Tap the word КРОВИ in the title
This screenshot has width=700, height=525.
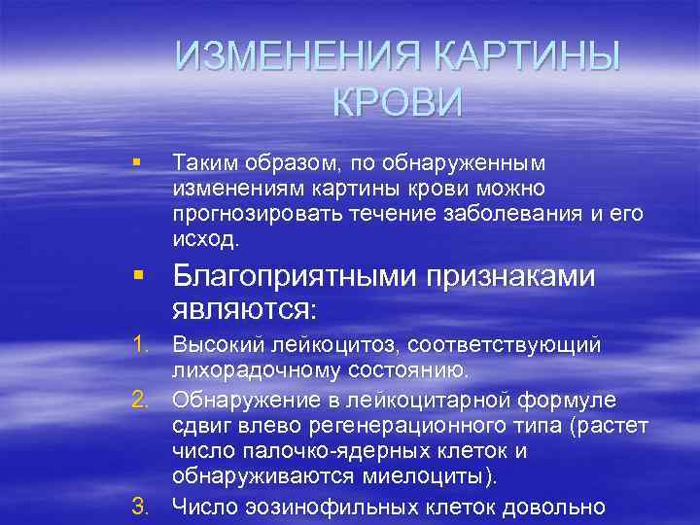[398, 102]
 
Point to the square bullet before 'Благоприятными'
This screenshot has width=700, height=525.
[142, 278]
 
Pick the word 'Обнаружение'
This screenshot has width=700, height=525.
[235, 401]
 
